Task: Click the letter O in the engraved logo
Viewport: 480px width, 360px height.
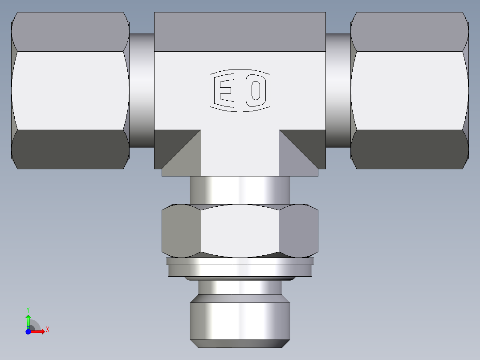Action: (256, 90)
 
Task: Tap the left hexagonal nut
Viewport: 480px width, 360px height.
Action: (70, 90)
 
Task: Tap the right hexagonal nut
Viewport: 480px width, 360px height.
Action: (410, 90)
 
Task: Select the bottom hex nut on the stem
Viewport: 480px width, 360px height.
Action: (240, 231)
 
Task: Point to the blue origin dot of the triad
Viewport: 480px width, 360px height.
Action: (28, 332)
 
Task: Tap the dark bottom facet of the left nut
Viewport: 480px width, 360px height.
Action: (70, 149)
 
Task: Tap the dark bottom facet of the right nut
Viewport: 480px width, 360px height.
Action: (410, 149)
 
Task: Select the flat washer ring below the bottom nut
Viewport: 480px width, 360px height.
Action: (240, 269)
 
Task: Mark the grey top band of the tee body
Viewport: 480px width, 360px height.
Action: (240, 32)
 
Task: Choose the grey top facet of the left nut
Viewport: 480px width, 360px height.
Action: (70, 32)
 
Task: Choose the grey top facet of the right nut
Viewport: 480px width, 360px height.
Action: (410, 32)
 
